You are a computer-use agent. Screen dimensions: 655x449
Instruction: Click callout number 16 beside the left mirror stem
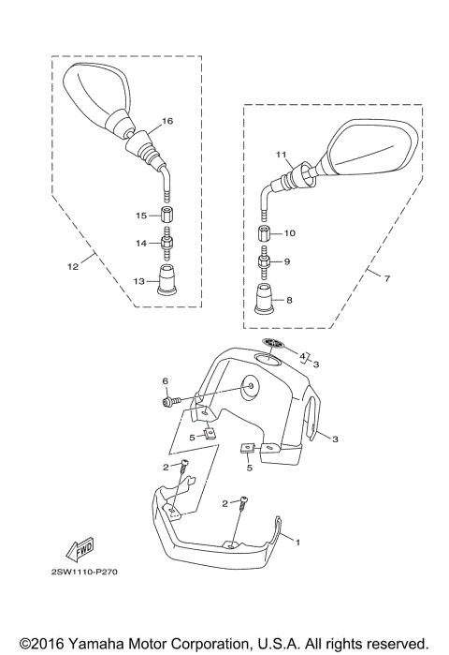(167, 121)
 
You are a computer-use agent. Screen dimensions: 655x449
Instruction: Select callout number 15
(140, 216)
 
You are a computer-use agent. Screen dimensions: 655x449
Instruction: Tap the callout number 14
(140, 243)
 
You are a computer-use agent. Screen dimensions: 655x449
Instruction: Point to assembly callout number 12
(72, 267)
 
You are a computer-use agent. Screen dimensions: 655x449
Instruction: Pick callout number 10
(289, 231)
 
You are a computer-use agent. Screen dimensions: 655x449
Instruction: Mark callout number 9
(288, 261)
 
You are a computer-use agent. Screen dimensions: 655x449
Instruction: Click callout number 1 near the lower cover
(298, 543)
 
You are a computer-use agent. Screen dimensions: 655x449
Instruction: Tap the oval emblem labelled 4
(272, 344)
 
